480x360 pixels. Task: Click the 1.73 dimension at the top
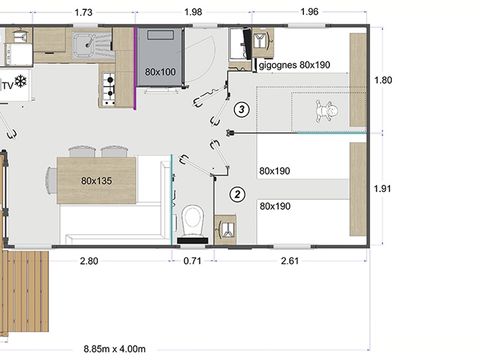click(x=84, y=11)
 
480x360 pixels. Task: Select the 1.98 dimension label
click(x=194, y=11)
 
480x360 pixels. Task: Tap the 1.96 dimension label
click(x=309, y=11)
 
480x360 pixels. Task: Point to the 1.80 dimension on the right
click(x=382, y=80)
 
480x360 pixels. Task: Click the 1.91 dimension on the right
click(x=382, y=187)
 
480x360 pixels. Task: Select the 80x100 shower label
click(x=160, y=73)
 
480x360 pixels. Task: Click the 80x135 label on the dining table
click(x=98, y=182)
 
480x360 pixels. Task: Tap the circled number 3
click(x=240, y=110)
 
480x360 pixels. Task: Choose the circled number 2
click(x=237, y=194)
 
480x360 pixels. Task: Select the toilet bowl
click(x=193, y=218)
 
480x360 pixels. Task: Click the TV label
click(x=7, y=86)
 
